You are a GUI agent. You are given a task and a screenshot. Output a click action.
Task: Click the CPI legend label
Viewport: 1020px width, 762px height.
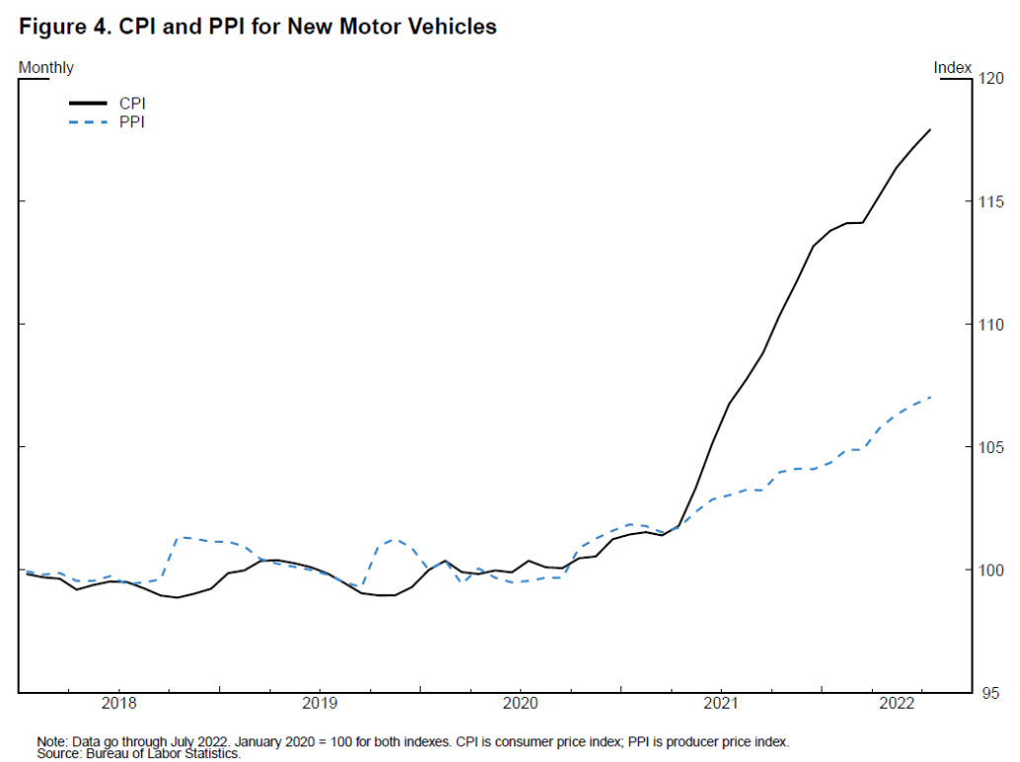tap(132, 103)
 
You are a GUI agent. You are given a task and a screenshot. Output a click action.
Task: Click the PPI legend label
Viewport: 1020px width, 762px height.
tap(132, 122)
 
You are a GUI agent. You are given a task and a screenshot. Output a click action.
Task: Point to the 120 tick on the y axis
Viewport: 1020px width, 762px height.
tap(989, 79)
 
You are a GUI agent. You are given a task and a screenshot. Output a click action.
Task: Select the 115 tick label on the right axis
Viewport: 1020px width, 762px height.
tap(989, 201)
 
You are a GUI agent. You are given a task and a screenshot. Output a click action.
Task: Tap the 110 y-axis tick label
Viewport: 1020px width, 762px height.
tap(989, 325)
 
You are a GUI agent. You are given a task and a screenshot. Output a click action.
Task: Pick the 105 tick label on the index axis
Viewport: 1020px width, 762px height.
tap(989, 447)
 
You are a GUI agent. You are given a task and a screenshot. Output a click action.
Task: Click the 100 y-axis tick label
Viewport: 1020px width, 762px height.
tap(989, 571)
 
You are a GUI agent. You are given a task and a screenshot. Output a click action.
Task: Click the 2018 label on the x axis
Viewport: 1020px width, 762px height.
tap(118, 704)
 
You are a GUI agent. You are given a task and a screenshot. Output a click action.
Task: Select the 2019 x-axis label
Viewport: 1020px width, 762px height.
tap(319, 704)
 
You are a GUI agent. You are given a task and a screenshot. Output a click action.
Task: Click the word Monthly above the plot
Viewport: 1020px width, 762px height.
tap(46, 68)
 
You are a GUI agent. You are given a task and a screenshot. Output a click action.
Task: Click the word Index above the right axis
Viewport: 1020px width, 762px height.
tap(953, 68)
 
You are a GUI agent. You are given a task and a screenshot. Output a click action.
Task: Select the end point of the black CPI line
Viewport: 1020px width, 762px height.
tap(929, 129)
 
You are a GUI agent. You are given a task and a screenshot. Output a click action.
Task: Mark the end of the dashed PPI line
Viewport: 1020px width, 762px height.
tap(930, 397)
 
